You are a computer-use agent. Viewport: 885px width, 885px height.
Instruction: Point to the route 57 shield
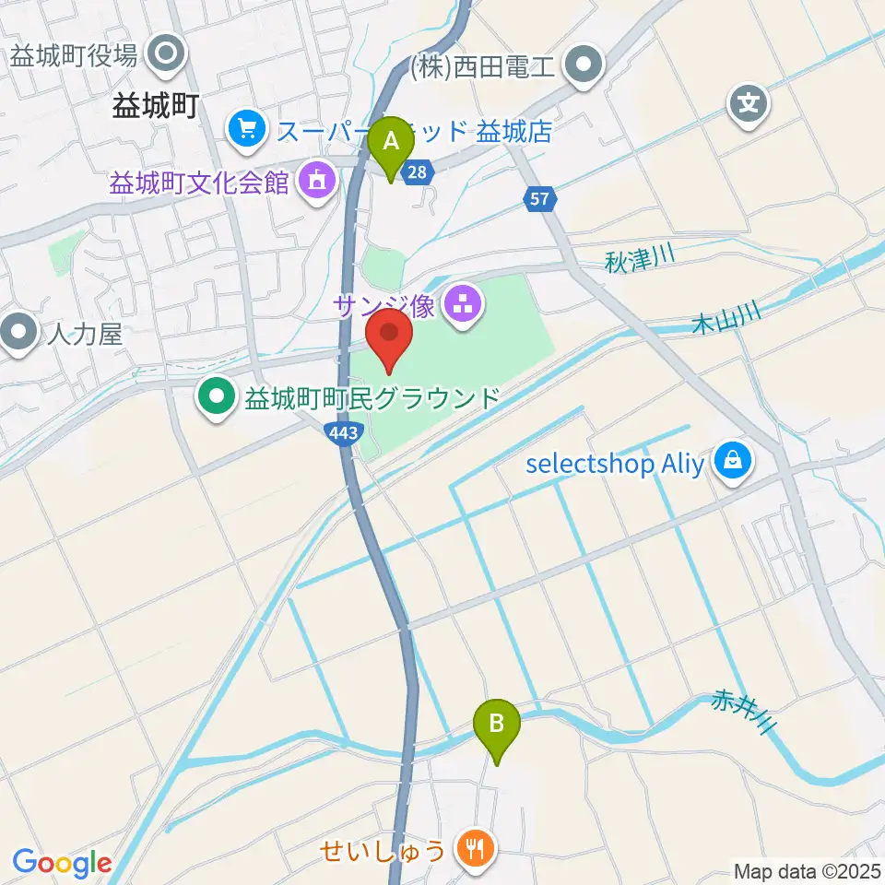[x=540, y=196]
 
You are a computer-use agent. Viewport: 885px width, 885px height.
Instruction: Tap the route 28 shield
[x=419, y=171]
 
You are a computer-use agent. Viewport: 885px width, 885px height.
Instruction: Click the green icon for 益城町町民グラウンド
[x=218, y=397]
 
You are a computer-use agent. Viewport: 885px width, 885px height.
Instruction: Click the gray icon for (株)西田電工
[x=584, y=65]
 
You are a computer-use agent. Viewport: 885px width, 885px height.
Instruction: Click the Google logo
[x=62, y=863]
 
